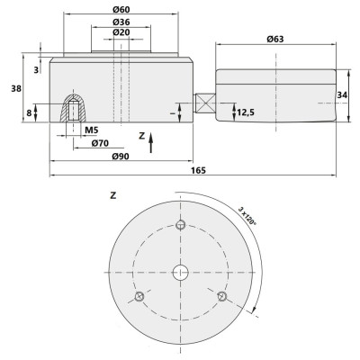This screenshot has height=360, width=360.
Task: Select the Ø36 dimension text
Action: tap(121, 22)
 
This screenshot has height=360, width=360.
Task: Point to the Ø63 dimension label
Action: tap(277, 39)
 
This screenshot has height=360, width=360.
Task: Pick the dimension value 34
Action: tap(343, 94)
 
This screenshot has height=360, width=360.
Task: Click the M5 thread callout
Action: tap(91, 130)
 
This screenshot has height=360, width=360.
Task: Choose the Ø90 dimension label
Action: tap(121, 157)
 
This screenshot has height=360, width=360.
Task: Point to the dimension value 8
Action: tap(29, 113)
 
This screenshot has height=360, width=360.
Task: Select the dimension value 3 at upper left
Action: tap(35, 69)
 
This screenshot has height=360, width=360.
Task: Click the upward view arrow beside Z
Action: tap(152, 139)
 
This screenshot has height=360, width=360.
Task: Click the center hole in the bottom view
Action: tap(180, 272)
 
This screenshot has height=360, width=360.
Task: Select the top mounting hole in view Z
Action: tap(180, 224)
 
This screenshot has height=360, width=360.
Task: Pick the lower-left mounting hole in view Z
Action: tap(139, 296)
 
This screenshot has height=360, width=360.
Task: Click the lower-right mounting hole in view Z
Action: tap(221, 296)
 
